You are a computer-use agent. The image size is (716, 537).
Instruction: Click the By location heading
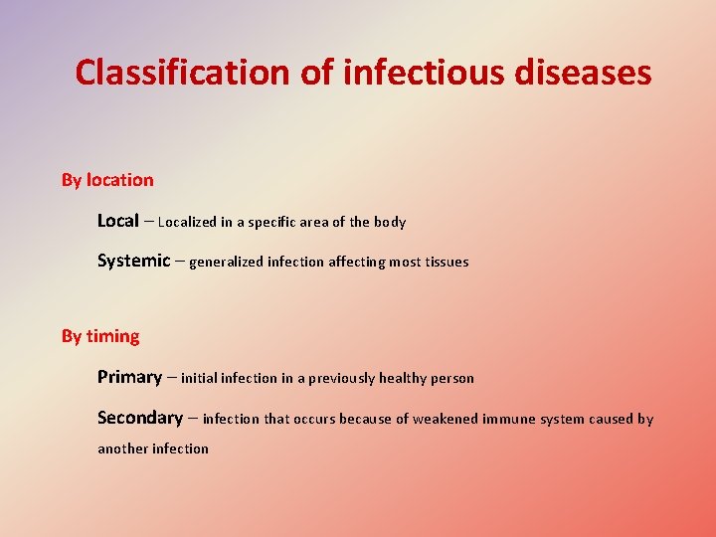click(107, 180)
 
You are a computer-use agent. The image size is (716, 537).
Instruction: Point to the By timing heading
click(100, 336)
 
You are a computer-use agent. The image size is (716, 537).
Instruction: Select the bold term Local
click(117, 221)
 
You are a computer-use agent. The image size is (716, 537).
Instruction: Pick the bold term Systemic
click(133, 261)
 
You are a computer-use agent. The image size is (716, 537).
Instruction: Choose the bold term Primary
click(129, 377)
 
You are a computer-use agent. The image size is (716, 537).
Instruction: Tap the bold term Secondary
click(139, 418)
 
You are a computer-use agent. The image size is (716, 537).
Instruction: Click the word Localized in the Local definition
click(189, 222)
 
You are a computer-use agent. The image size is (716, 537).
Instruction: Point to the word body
click(389, 222)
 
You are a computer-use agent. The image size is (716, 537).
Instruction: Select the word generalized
click(226, 263)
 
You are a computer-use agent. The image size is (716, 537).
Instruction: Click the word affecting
click(359, 263)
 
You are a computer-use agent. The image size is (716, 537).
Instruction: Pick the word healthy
click(404, 378)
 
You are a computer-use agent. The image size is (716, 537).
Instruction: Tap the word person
click(452, 378)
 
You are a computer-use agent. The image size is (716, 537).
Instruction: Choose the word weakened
click(446, 419)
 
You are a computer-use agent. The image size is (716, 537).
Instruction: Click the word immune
click(510, 419)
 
